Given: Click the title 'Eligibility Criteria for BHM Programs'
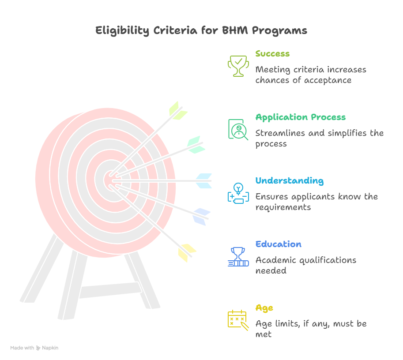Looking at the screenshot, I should pyautogui.click(x=201, y=31).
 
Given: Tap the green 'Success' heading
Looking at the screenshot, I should pyautogui.click(x=272, y=54).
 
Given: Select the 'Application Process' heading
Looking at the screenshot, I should pyautogui.click(x=300, y=117).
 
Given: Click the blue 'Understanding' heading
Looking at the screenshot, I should pyautogui.click(x=289, y=181).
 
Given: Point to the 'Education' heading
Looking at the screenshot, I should pyautogui.click(x=278, y=244).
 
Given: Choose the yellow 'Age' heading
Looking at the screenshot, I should pyautogui.click(x=264, y=308).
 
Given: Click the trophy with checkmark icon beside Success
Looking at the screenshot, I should pyautogui.click(x=238, y=65).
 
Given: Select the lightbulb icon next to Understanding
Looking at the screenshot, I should pyautogui.click(x=238, y=192).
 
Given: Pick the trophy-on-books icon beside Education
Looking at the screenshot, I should pyautogui.click(x=238, y=256).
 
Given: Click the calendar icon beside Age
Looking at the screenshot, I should pyautogui.click(x=238, y=319).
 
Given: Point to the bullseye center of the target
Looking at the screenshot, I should pyautogui.click(x=110, y=180).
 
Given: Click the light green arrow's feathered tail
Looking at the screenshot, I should pyautogui.click(x=177, y=110).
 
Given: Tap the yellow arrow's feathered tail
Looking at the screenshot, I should pyautogui.click(x=186, y=252).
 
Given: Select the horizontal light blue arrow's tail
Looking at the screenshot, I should pyautogui.click(x=203, y=180).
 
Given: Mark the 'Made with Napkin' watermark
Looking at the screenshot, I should pyautogui.click(x=34, y=348).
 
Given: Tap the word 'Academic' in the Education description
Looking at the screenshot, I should pyautogui.click(x=275, y=260).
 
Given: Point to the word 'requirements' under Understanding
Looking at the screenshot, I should pyautogui.click(x=282, y=207).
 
